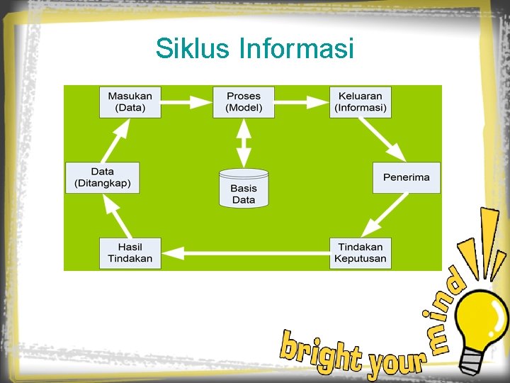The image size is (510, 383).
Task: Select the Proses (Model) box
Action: [x=244, y=102]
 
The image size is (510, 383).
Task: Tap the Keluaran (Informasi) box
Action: [x=361, y=102]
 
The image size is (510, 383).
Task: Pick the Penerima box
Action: [x=406, y=177]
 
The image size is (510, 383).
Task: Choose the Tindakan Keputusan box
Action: [x=361, y=252]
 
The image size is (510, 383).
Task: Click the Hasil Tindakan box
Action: [x=130, y=252]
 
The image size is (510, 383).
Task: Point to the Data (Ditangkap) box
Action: [x=103, y=177]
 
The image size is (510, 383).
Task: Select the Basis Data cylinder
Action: [x=244, y=188]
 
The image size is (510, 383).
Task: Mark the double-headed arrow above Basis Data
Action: [x=244, y=143]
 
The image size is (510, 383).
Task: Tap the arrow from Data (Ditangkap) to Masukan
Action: [x=115, y=140]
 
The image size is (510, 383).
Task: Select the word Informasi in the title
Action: [x=297, y=49]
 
